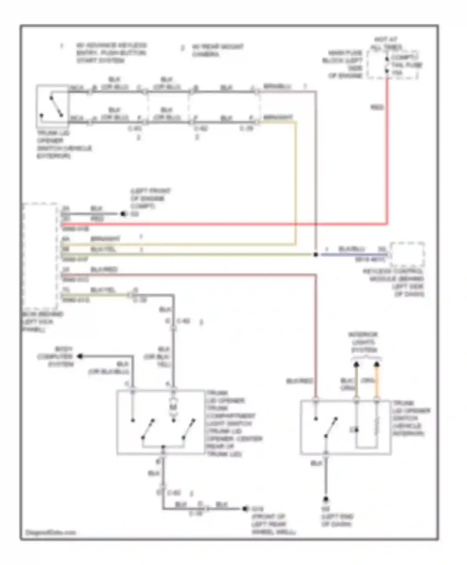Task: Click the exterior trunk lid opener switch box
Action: (52, 106)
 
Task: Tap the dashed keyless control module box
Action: (408, 254)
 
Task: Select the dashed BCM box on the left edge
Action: (40, 255)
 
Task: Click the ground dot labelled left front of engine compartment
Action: (123, 214)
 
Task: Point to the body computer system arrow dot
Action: (80, 356)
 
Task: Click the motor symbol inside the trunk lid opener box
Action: (173, 407)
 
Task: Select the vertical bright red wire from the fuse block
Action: (387, 150)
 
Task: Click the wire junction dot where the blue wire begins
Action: (315, 254)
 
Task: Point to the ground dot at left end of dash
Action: (326, 499)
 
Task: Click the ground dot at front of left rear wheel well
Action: (245, 509)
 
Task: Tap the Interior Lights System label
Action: (363, 342)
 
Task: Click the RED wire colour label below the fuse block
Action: (377, 107)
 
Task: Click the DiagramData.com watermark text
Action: (50, 532)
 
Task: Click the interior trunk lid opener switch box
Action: (346, 427)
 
